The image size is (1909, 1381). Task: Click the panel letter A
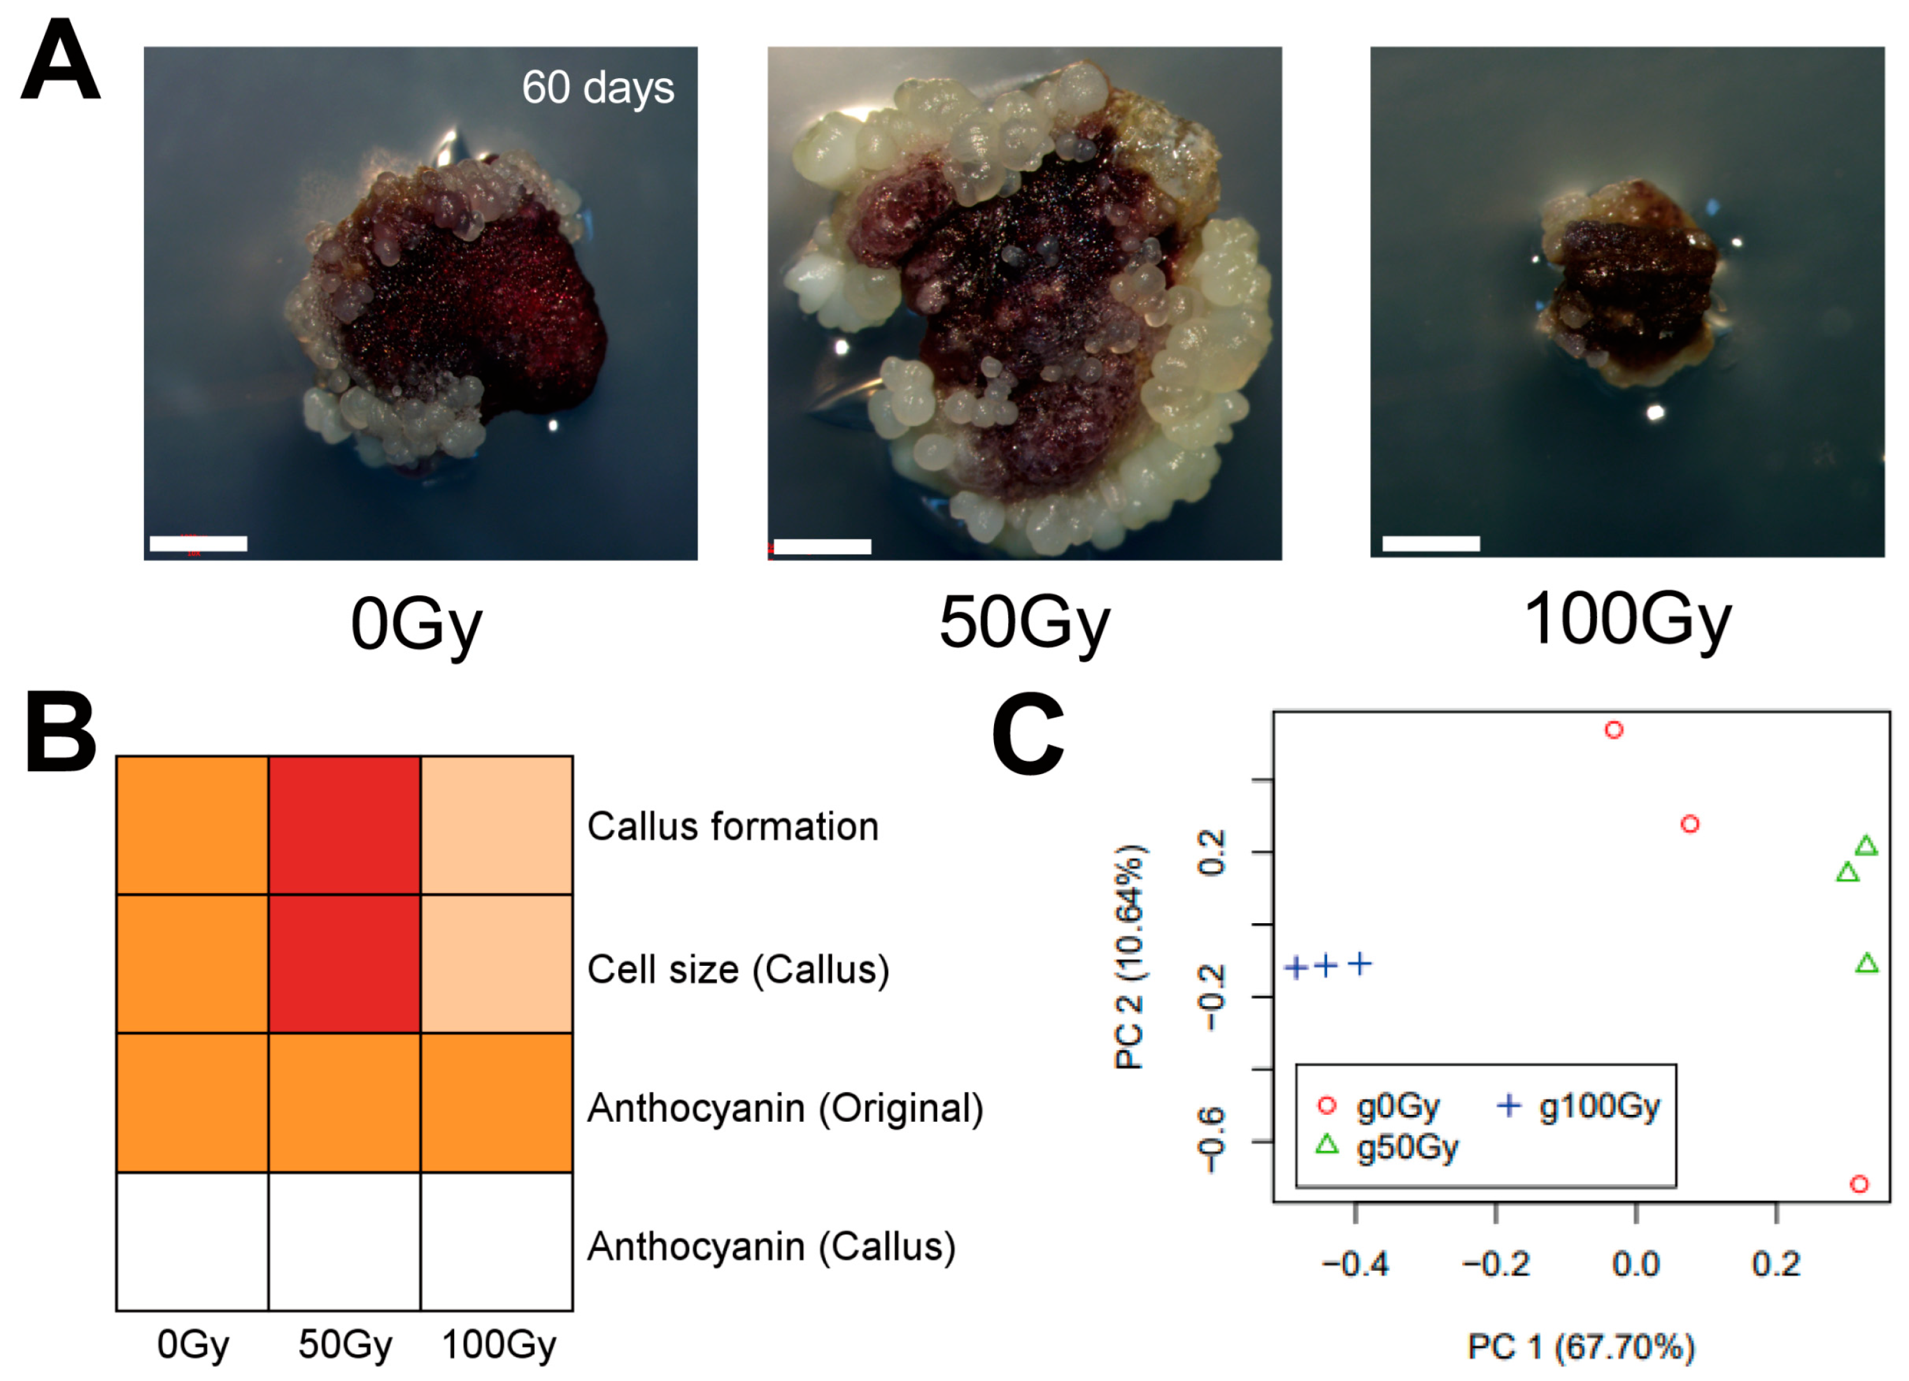pos(60,60)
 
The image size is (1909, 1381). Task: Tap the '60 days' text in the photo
pos(598,87)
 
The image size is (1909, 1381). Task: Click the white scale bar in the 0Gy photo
pos(199,544)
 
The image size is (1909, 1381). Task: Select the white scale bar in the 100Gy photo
pos(1430,544)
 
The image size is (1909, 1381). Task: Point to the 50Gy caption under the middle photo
pos(1025,623)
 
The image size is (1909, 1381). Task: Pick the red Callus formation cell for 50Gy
pos(344,825)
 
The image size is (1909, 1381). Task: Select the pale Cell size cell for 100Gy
pos(497,963)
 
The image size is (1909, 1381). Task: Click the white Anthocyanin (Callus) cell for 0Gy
pos(192,1242)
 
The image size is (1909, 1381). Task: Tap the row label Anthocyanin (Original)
pos(785,1107)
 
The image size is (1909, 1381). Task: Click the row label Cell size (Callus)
pos(738,970)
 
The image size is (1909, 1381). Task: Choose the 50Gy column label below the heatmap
pos(344,1344)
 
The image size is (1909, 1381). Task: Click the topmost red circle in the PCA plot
pos(1614,730)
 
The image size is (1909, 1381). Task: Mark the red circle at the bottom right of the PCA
pos(1859,1184)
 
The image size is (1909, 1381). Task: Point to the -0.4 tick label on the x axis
pos(1354,1264)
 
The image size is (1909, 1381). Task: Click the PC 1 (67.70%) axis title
pos(1580,1347)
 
